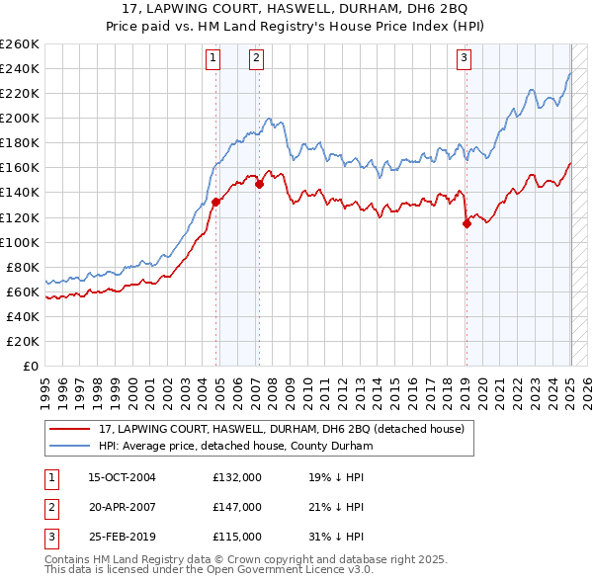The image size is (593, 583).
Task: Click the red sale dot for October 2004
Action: pos(215,202)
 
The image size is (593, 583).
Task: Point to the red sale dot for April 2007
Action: pos(259,184)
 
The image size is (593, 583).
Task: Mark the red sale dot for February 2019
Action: pos(467,223)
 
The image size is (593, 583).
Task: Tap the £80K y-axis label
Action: pos(22,267)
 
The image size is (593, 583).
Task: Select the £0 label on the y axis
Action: pos(30,366)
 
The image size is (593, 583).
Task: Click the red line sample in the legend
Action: pos(71,428)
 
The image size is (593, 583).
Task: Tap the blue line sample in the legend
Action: pos(71,445)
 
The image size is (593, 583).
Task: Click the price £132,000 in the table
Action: pos(237,477)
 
